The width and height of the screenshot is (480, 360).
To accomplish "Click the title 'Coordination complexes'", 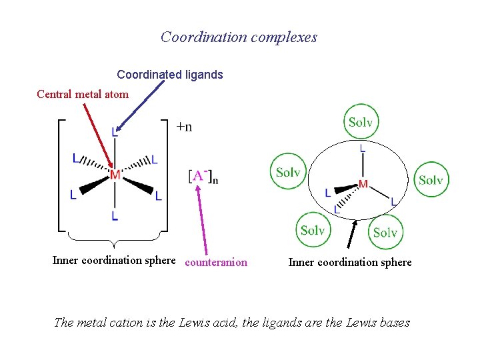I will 239,37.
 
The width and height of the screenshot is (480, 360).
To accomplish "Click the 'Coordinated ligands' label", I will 170,75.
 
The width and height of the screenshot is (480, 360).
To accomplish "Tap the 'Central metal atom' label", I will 83,94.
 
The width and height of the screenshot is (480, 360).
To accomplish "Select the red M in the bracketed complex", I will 115,175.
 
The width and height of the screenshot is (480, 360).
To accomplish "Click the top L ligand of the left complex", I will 115,133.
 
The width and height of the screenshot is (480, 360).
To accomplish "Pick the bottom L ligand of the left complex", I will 115,216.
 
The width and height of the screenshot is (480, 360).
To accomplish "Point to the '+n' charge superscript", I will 184,127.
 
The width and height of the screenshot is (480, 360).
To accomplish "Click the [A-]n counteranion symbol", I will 203,177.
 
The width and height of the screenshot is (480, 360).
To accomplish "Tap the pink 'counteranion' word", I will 216,263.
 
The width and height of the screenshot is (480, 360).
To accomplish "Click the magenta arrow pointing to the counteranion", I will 202,220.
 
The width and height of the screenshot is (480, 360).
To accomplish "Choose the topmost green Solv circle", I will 361,122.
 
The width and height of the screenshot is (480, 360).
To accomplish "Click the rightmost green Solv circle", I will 431,180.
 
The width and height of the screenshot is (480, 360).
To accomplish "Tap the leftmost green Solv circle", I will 288,172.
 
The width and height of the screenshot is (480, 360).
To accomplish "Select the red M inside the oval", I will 363,183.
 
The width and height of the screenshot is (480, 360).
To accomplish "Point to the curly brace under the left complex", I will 115,237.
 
